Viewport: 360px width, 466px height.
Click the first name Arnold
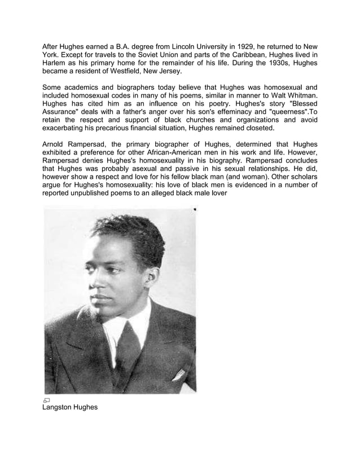click(56, 147)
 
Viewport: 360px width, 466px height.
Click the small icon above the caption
click(46, 399)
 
